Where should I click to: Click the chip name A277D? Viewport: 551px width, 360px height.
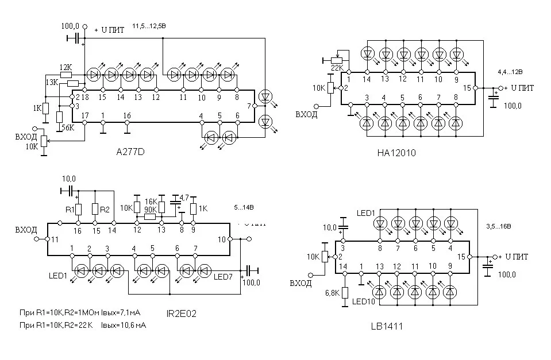coord(130,153)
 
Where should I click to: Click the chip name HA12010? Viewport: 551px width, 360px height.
coord(396,153)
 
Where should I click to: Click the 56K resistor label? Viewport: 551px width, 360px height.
coord(68,127)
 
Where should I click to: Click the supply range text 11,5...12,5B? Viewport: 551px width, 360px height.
coord(149,26)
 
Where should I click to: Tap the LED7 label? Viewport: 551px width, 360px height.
coord(223,277)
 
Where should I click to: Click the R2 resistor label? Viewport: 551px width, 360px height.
coord(105,210)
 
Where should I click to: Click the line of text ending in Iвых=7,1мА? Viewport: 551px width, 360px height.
coord(80,312)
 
